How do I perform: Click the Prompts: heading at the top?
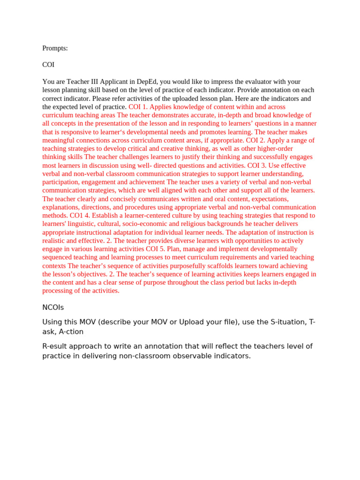click(55, 48)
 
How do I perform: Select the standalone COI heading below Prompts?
click(48, 65)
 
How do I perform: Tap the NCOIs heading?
click(53, 307)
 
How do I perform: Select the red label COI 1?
click(138, 107)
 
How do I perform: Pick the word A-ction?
click(71, 331)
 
